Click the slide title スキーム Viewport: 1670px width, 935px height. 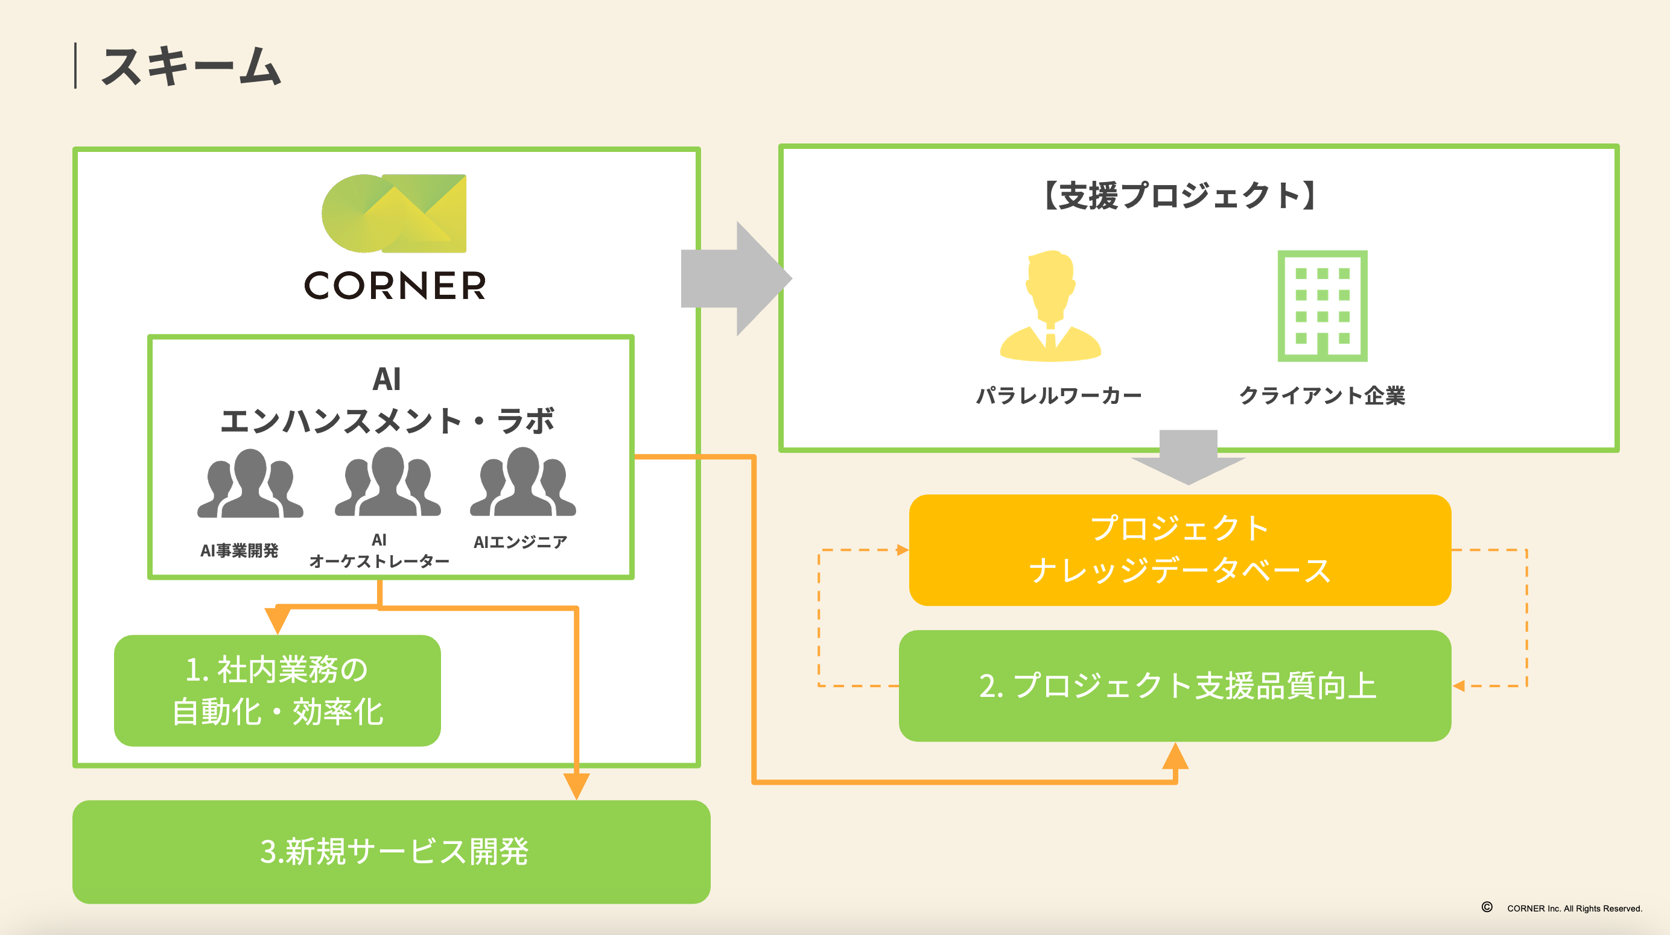[x=191, y=67]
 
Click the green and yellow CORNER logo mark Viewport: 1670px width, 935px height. [x=394, y=213]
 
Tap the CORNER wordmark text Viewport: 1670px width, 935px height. [x=395, y=286]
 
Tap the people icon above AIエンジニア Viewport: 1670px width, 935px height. [x=522, y=483]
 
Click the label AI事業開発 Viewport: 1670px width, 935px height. [x=240, y=551]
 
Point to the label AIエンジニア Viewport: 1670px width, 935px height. [x=520, y=542]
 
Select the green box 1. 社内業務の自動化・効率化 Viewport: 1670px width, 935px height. [x=278, y=690]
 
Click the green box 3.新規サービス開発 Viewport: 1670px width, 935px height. [x=392, y=851]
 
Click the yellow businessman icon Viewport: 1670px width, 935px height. [x=1050, y=306]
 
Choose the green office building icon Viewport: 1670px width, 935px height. [x=1322, y=306]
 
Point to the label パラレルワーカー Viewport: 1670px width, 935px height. [x=1059, y=395]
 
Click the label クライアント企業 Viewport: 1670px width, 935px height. [x=1322, y=395]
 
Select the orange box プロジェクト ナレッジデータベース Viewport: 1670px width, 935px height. [x=1180, y=549]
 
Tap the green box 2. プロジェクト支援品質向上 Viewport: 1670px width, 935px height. [x=1175, y=685]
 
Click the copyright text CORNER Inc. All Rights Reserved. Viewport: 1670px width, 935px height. [x=1573, y=908]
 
